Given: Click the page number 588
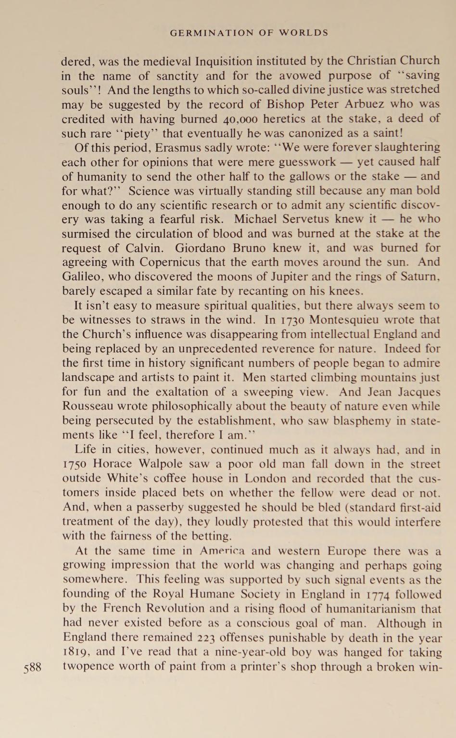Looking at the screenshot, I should coord(33,668).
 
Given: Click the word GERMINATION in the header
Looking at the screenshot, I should coord(211,33).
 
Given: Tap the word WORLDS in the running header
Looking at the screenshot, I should coord(304,33).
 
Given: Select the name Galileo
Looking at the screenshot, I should coord(83,277).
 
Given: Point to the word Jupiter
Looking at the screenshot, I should coord(316,277).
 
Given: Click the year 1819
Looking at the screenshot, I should coord(76,653).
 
